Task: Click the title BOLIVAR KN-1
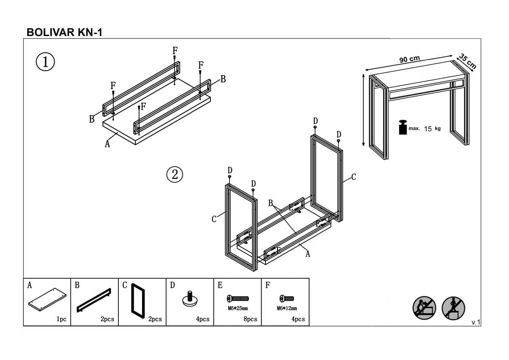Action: pos(64,32)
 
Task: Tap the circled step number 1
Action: pos(45,62)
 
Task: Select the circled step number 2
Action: pos(174,174)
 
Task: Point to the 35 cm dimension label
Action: pos(467,61)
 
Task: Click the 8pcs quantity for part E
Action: pos(250,319)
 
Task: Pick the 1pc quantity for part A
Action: pos(62,319)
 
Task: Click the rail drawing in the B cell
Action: pos(94,300)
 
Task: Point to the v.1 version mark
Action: pos(475,323)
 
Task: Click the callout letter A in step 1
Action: pos(107,144)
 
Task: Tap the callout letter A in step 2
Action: pos(308,254)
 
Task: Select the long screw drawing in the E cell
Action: pos(238,298)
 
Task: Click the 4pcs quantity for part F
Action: pos(298,319)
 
